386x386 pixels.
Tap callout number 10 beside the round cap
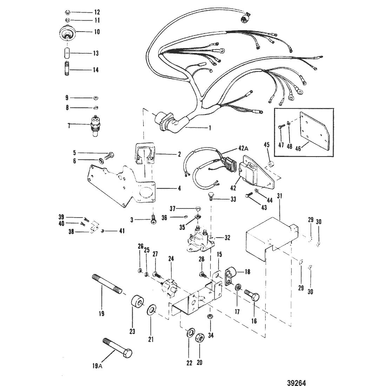[87, 32]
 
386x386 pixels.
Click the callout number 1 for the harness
[210, 128]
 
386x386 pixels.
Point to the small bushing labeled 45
[271, 164]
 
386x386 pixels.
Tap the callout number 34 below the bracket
[210, 335]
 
